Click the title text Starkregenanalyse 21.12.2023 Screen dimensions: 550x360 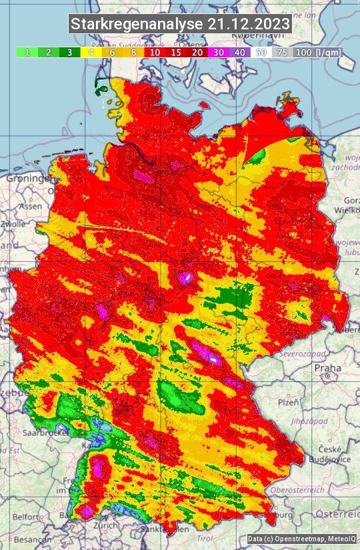pos(180,25)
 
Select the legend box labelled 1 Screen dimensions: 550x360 pos(27,52)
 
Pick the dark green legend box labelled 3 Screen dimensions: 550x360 pos(69,52)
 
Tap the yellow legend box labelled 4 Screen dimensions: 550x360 pos(91,52)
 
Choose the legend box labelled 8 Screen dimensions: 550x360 pos(133,52)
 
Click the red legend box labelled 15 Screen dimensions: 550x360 pos(176,52)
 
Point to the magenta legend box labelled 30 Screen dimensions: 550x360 pos(219,52)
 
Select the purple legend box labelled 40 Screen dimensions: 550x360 pos(240,52)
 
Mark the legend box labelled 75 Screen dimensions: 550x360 pos(283,52)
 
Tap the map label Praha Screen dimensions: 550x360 pos(327,367)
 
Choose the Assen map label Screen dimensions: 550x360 pos(29,206)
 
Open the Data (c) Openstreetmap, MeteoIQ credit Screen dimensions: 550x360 pos(301,539)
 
